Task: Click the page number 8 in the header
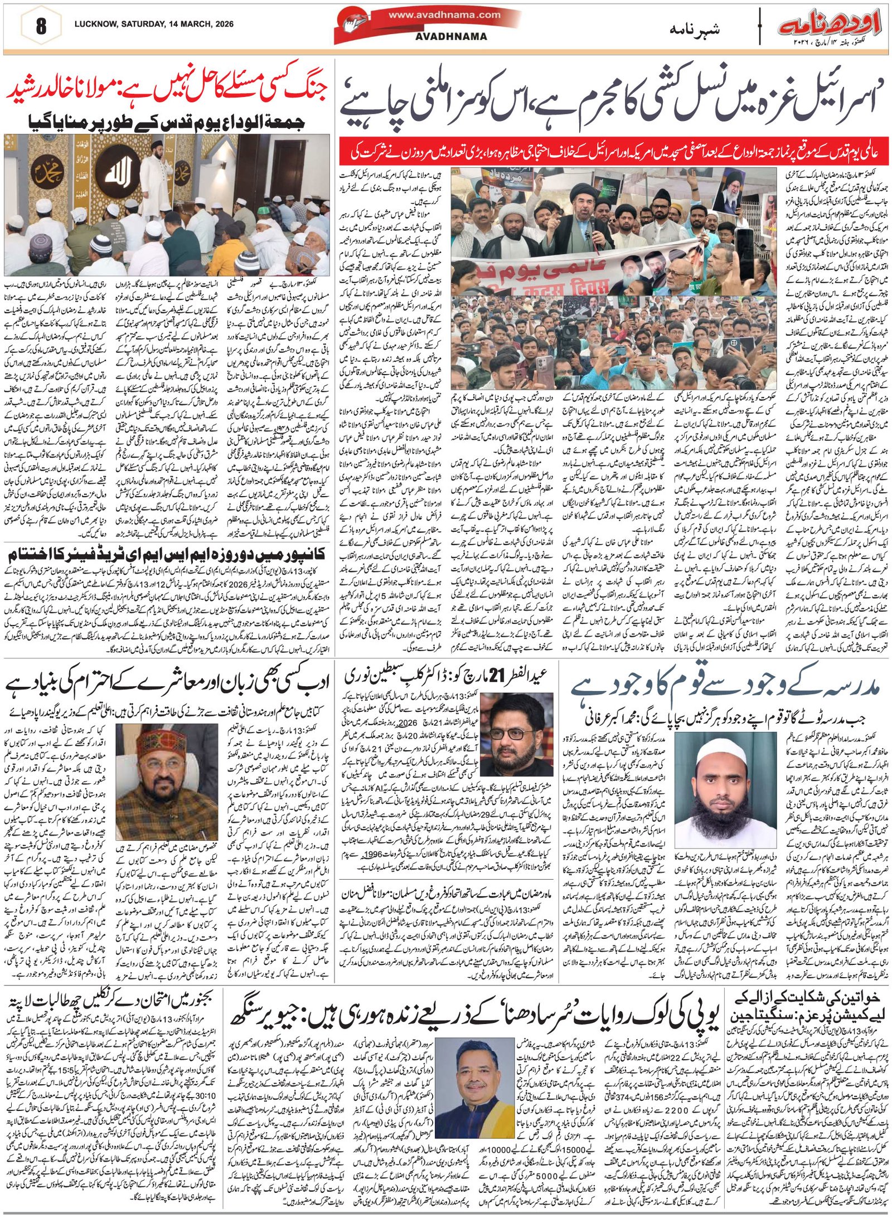click(41, 27)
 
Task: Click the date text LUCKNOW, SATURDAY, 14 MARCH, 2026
click(154, 25)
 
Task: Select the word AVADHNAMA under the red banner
click(451, 37)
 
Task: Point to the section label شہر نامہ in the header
click(694, 30)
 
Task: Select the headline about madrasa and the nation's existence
click(725, 687)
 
